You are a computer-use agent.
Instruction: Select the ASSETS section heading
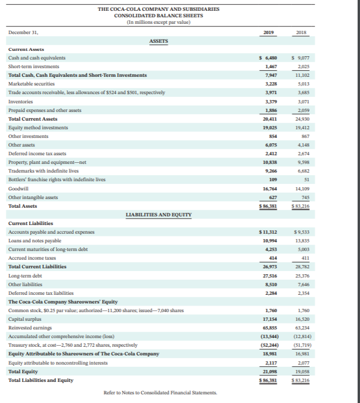(x=158, y=41)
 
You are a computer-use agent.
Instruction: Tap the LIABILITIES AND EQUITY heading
(x=158, y=215)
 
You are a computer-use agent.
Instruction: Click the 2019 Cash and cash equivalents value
(x=268, y=57)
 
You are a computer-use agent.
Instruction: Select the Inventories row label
(x=21, y=101)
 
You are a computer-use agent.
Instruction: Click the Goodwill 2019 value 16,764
(x=269, y=188)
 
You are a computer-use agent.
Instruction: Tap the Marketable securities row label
(x=28, y=84)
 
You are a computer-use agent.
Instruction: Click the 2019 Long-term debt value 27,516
(x=269, y=275)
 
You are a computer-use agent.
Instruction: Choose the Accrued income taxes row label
(x=29, y=258)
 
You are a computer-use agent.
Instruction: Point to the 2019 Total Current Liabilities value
(x=269, y=267)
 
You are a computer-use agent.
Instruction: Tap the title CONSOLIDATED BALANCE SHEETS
(x=158, y=15)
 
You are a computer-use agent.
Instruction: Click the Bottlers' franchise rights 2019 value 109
(x=272, y=180)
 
